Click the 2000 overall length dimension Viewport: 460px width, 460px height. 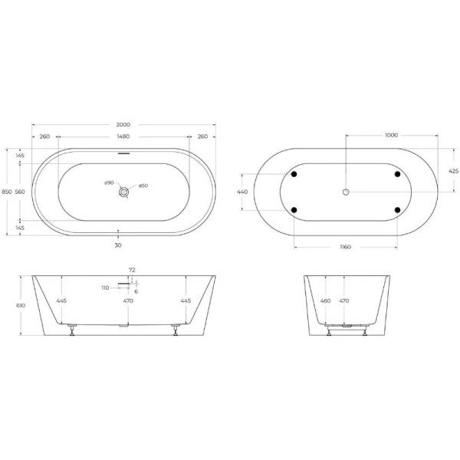(x=123, y=125)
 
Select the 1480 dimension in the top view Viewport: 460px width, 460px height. (x=123, y=136)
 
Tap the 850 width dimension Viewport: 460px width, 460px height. (x=6, y=192)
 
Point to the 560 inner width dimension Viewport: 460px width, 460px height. (x=21, y=192)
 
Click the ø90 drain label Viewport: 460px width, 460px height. (x=109, y=183)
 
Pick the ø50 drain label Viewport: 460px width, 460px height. (x=143, y=186)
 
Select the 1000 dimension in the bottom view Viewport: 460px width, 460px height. (x=391, y=135)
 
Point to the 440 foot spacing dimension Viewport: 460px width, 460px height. (x=242, y=192)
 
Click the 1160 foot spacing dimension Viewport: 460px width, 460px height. (x=346, y=245)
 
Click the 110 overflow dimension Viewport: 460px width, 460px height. (x=105, y=287)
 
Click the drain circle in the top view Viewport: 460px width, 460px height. (x=123, y=192)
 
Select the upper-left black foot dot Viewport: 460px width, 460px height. (x=293, y=174)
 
